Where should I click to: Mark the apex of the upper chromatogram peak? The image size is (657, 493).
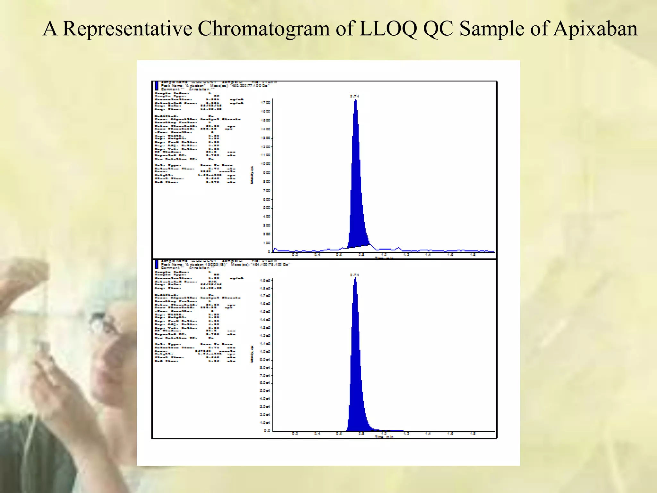(355, 100)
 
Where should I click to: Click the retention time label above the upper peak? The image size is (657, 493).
(354, 96)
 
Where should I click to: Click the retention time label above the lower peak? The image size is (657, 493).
(354, 275)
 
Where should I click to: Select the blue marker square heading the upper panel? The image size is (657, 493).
(157, 86)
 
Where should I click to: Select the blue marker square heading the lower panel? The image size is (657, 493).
(157, 264)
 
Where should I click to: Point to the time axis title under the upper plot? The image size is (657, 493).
(384, 258)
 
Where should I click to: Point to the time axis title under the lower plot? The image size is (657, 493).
(384, 437)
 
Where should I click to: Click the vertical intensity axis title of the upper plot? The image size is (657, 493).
(252, 175)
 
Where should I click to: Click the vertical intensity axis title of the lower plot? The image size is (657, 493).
(252, 354)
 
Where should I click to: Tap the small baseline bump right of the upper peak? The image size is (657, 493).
(398, 248)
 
